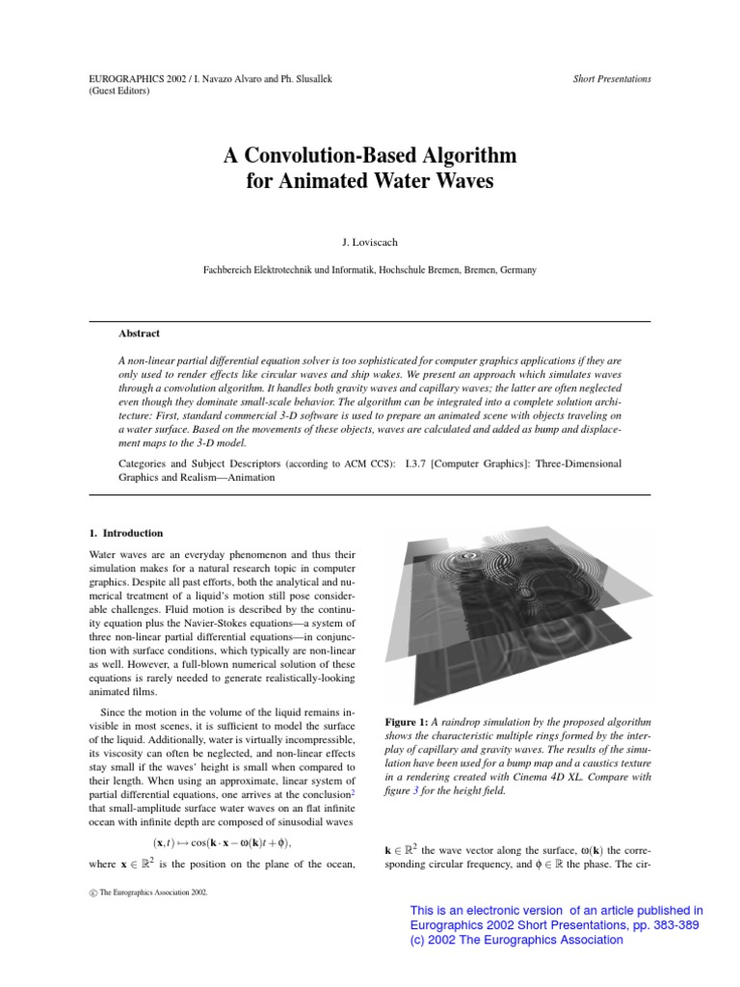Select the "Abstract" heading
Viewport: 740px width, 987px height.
[138, 333]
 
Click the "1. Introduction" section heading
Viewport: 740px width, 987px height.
[125, 533]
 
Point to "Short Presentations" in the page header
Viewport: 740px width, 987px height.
[611, 79]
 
